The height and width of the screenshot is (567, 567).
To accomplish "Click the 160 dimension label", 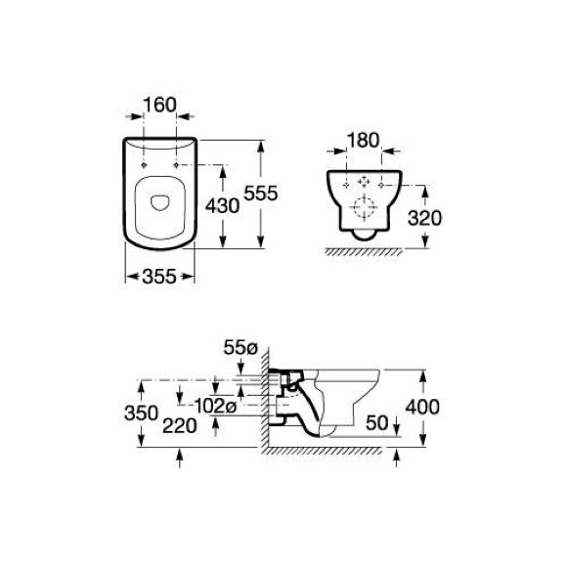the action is tap(159, 105).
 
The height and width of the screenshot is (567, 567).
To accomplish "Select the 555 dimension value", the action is tap(261, 194).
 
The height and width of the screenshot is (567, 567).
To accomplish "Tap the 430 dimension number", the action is tap(222, 206).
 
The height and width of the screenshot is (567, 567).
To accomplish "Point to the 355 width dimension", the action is tap(159, 277).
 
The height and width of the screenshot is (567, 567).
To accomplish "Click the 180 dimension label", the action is tap(364, 141).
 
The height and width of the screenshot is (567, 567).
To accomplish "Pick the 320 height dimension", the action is tap(425, 218).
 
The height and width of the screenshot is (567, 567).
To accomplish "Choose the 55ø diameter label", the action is tap(240, 348).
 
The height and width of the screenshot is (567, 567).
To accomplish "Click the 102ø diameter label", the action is tap(215, 406).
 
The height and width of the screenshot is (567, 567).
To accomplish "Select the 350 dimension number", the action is tap(142, 413).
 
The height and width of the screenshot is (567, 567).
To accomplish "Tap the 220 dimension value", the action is tap(180, 425).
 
